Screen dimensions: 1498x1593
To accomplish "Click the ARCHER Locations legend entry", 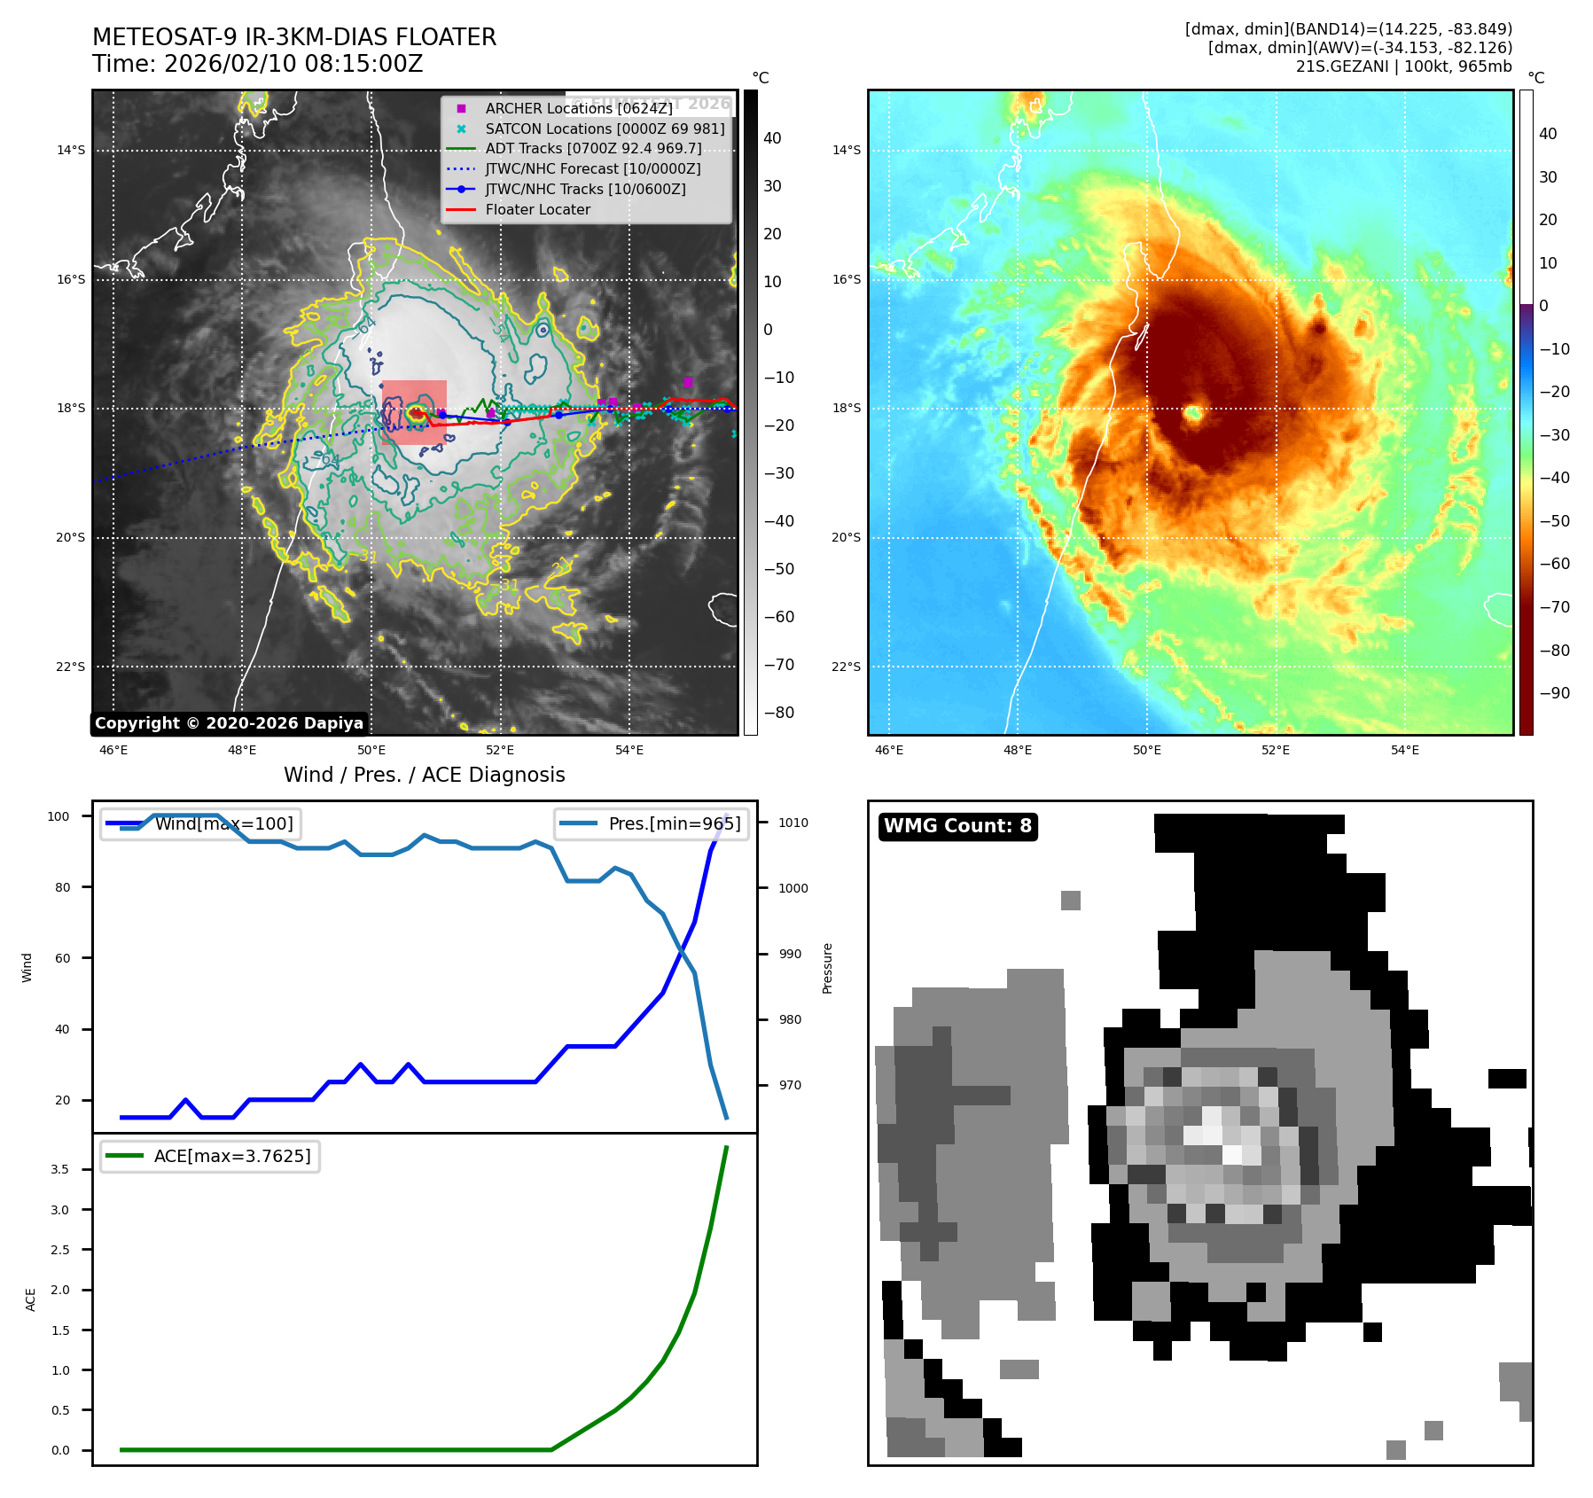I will [x=578, y=108].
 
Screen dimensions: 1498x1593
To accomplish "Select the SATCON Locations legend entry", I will [x=605, y=129].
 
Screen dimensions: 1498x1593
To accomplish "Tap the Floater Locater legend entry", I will [x=537, y=209].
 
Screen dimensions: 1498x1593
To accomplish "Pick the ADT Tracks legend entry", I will [x=593, y=148].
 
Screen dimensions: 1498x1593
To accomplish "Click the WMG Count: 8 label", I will [x=957, y=826].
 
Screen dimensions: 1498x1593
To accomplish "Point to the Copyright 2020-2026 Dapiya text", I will [x=229, y=723].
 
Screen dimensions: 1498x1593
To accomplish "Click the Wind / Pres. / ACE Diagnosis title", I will [x=424, y=775].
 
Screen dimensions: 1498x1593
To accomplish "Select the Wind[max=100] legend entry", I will [x=223, y=823].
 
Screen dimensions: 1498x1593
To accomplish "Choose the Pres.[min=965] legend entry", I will [x=674, y=823].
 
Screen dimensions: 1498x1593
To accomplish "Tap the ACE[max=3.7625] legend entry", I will [x=232, y=1156].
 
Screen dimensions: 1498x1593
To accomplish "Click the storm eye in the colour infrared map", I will [x=1193, y=412].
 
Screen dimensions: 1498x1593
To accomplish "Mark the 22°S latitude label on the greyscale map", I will [x=71, y=667].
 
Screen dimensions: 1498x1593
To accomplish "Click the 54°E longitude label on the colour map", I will [x=1404, y=750].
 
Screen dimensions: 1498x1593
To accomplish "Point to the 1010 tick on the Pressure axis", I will [x=793, y=823].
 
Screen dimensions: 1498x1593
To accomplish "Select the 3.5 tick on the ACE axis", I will [x=59, y=1169].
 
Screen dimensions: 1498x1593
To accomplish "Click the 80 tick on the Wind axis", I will [x=62, y=887].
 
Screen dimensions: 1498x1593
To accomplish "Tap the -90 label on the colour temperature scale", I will [x=1554, y=693].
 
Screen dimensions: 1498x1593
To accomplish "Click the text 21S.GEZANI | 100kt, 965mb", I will [x=1403, y=66].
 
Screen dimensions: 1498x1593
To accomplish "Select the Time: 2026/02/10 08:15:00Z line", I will [x=257, y=64].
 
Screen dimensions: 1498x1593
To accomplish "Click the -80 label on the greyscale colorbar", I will [x=778, y=713].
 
